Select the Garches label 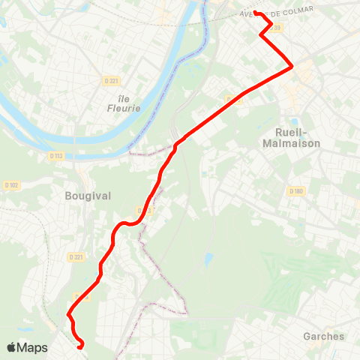[x=323, y=336]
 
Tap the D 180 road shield [x=295, y=191]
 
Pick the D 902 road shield [x=11, y=184]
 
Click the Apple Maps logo [x=27, y=348]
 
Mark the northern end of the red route [x=255, y=12]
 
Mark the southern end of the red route [x=79, y=346]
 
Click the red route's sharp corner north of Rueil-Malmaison [x=291, y=67]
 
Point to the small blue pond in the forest [x=208, y=259]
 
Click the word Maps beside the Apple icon [x=33, y=348]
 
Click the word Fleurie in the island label [x=120, y=108]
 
